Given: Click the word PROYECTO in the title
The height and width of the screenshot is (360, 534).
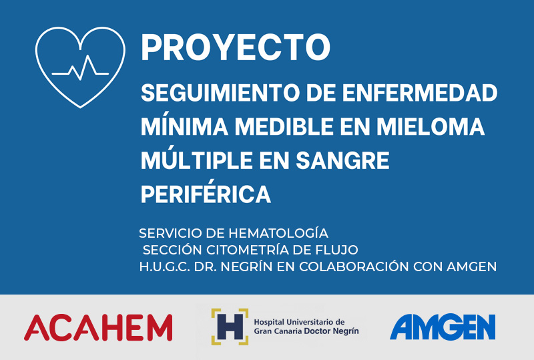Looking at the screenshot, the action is pos(236,47).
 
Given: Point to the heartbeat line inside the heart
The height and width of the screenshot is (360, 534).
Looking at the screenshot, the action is pos(80,68).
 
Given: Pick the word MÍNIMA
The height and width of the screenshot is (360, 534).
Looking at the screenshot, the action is pos(185,126).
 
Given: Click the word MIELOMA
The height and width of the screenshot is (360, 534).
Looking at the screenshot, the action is pos(431,126).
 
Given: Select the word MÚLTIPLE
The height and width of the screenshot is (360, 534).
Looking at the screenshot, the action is pos(197,159).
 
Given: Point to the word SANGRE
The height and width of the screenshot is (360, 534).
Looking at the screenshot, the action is pos(342,160).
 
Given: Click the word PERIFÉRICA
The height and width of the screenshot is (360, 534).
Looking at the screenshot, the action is pos(206,192).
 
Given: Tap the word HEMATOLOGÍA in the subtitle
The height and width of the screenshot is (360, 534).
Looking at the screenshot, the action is pos(278,233).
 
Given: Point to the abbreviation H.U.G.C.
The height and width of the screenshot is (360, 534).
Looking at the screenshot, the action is pos(165,266).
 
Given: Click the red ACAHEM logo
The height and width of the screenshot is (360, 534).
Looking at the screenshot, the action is pos(98,327).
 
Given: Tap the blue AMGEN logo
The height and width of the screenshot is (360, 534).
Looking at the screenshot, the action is pos(443,327).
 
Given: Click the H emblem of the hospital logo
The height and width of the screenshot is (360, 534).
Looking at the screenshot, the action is pos(230,327).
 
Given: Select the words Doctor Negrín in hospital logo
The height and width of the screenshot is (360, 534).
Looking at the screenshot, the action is pos(331,331).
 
